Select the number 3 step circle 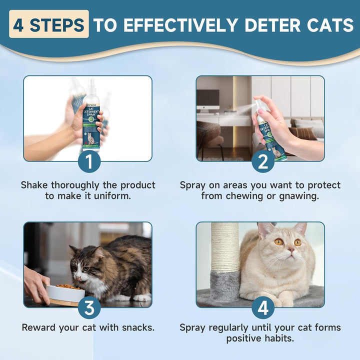point(89,308)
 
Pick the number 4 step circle point(262,308)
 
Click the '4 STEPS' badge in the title point(49,25)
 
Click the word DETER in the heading point(255,25)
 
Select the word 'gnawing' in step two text point(300,196)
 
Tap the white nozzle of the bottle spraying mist point(259,103)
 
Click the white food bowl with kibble point(64,293)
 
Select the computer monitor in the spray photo point(207,99)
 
